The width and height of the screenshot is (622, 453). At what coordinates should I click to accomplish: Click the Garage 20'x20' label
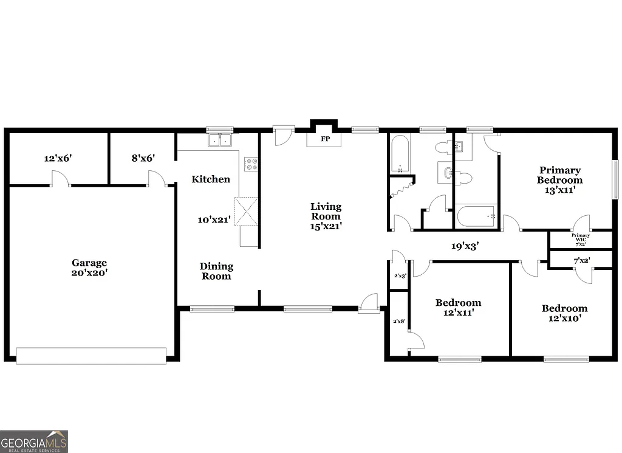pyautogui.click(x=89, y=268)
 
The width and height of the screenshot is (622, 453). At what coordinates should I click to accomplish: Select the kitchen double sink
pyautogui.click(x=220, y=141)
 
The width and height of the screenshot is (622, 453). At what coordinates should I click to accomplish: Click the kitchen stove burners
pyautogui.click(x=251, y=164)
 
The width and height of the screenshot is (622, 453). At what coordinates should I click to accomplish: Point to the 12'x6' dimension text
pyautogui.click(x=59, y=158)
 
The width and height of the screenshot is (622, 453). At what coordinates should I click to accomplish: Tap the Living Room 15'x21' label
pyautogui.click(x=326, y=216)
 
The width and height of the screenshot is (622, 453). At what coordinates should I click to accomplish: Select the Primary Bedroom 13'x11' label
pyautogui.click(x=559, y=180)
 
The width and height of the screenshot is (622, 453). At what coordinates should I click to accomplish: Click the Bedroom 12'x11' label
pyautogui.click(x=458, y=308)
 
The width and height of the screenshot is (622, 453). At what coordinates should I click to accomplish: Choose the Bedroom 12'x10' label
pyautogui.click(x=564, y=313)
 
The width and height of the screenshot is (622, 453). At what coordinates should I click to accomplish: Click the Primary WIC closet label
pyautogui.click(x=580, y=238)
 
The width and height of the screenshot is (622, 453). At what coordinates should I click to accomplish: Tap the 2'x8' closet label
pyautogui.click(x=399, y=320)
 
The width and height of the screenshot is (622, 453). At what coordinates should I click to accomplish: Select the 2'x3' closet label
pyautogui.click(x=400, y=275)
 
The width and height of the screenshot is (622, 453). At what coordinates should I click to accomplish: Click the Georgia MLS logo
pyautogui.click(x=34, y=441)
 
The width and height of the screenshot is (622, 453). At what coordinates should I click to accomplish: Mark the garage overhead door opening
pyautogui.click(x=91, y=356)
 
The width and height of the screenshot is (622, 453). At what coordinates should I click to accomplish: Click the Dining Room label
pyautogui.click(x=217, y=271)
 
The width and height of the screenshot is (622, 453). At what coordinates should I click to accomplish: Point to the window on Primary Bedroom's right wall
pyautogui.click(x=615, y=179)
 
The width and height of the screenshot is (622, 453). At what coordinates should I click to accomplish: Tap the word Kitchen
pyautogui.click(x=211, y=179)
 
